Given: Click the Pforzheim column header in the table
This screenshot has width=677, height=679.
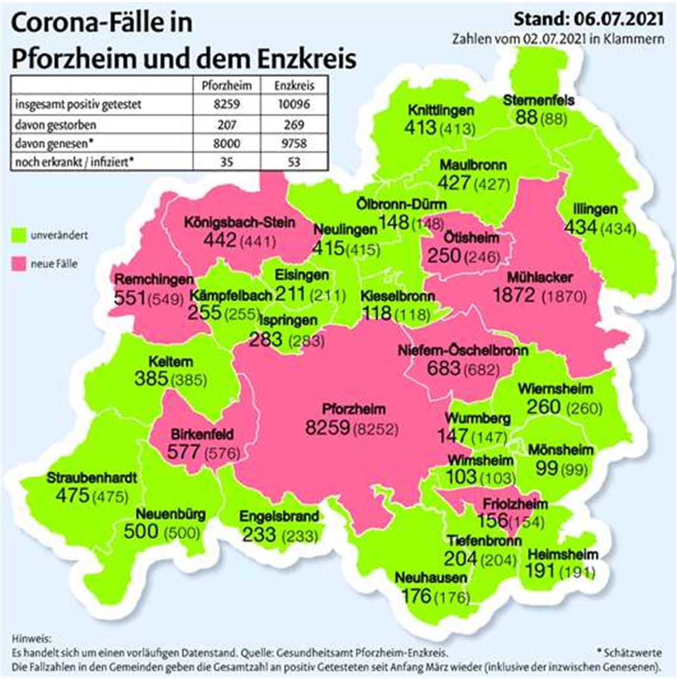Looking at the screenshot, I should pos(227,85).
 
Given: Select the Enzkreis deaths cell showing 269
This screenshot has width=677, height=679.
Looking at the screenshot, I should pos(293,125).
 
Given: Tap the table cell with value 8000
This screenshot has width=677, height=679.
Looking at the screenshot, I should pos(227,144).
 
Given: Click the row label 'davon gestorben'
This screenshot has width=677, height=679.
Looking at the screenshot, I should pos(56,125).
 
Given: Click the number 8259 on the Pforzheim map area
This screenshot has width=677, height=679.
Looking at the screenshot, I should pos(327,427).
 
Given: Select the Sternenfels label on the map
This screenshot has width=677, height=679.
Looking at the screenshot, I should pos(539,100).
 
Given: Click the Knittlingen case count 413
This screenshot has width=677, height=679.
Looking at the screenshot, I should pos(420,127).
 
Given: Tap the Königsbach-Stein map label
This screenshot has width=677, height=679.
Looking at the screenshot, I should pos(239,223).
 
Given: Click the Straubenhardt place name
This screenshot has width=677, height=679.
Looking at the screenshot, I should pos(92,478).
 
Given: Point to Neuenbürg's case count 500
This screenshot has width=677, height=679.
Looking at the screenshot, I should pos(141,531).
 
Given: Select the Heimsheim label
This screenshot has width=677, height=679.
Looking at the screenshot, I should pos(562,555).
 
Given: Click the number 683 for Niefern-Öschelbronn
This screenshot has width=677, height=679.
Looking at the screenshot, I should pos(443,368).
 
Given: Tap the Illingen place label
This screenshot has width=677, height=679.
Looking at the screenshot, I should pos(596,210).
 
